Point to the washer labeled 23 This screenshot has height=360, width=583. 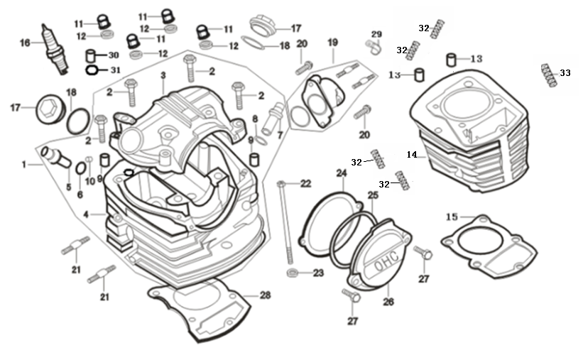pyautogui.click(x=293, y=273)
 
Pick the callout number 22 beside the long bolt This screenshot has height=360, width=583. pyautogui.click(x=305, y=184)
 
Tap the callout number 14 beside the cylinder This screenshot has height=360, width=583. pyautogui.click(x=411, y=154)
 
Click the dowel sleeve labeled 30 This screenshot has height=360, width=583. pyautogui.click(x=92, y=55)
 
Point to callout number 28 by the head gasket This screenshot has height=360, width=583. pyautogui.click(x=265, y=295)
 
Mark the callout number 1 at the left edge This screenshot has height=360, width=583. pyautogui.click(x=24, y=165)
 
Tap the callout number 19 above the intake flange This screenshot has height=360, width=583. pyautogui.click(x=332, y=42)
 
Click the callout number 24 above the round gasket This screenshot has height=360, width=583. pyautogui.click(x=342, y=173)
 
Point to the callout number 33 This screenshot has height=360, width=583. pyautogui.click(x=565, y=72)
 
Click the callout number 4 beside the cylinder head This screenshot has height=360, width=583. pyautogui.click(x=85, y=214)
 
